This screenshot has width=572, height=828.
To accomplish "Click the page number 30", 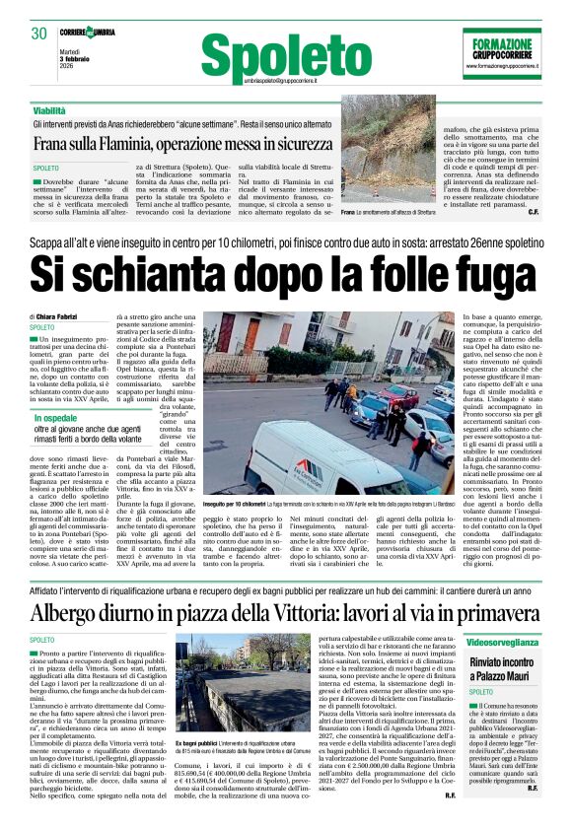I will [39, 33].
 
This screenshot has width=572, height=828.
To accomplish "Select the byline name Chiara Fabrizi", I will [63, 315].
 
